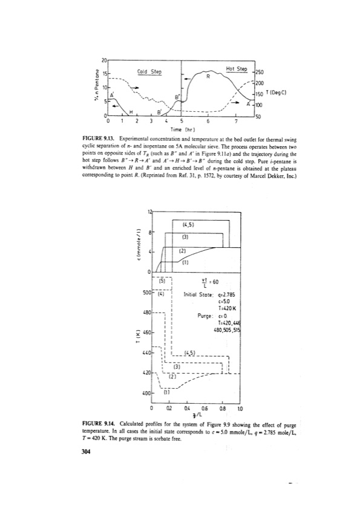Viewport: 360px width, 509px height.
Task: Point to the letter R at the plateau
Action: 208,77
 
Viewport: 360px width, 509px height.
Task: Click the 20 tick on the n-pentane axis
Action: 104,61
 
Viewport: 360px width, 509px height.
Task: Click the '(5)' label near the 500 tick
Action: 162,279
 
